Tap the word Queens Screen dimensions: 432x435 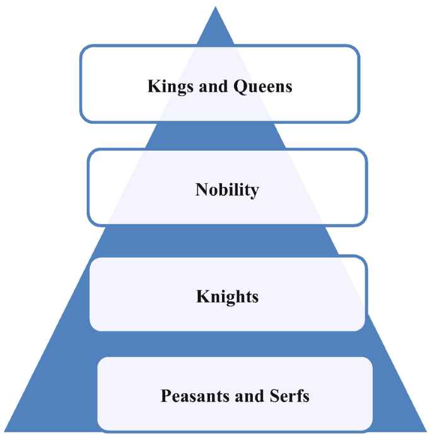pos(264,86)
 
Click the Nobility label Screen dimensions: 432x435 pos(227,190)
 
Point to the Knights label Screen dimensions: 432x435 pos(227,296)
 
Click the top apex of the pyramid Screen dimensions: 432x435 pos(215,8)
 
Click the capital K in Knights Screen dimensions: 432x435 pos(202,296)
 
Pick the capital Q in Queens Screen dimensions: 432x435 pos(242,86)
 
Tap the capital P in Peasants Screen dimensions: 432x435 pos(166,396)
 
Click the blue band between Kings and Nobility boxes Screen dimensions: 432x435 pos(215,135)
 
